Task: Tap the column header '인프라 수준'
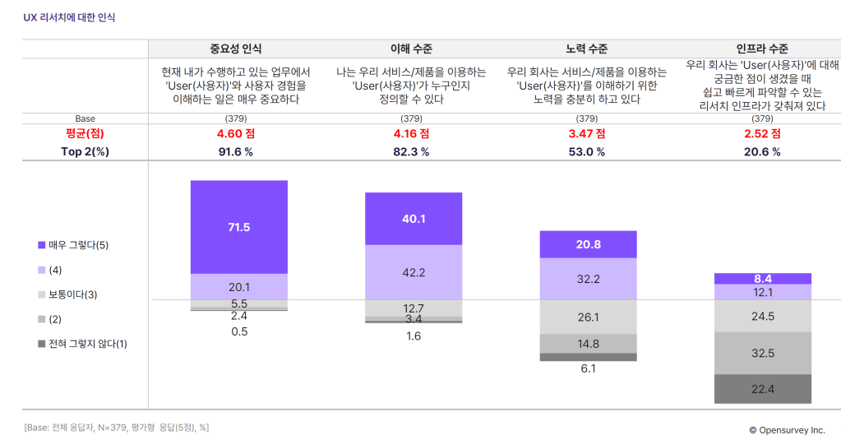[763, 49]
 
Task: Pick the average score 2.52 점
[763, 133]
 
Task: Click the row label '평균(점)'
[85, 133]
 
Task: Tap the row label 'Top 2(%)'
[85, 151]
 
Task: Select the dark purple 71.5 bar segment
[238, 227]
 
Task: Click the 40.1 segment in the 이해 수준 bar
[413, 219]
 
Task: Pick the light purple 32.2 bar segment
[588, 279]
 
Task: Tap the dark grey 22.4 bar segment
[763, 389]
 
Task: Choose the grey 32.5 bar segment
[763, 353]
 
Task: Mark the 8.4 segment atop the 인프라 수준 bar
[763, 279]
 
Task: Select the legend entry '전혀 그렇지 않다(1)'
[83, 344]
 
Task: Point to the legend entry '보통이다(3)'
[73, 294]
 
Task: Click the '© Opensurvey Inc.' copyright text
[786, 429]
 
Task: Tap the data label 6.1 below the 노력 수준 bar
[588, 368]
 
